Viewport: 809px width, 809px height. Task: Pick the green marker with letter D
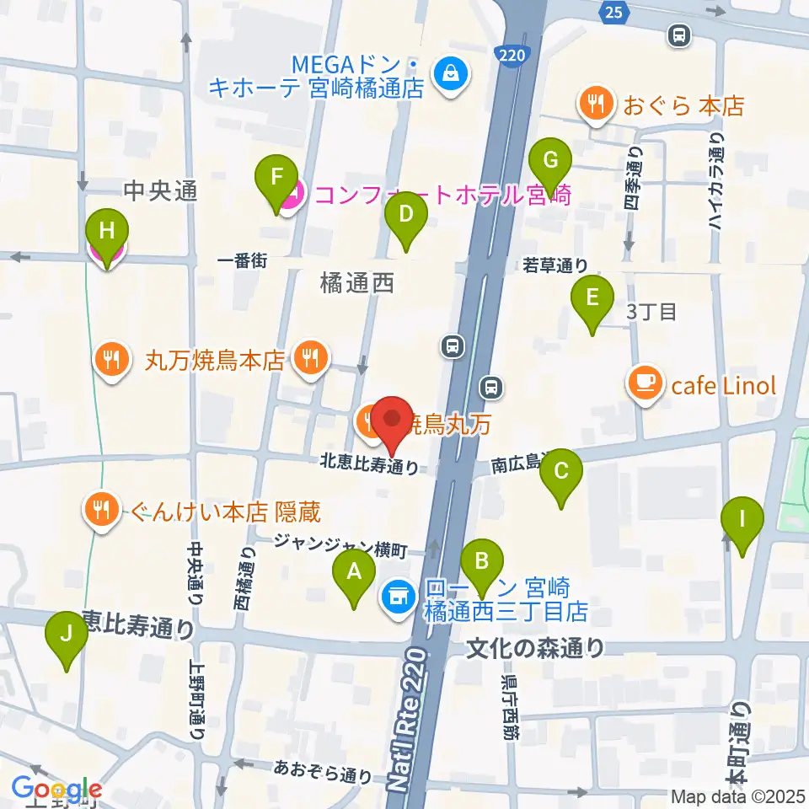click(406, 217)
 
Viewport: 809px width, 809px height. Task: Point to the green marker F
click(275, 179)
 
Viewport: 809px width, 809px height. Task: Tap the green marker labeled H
click(108, 233)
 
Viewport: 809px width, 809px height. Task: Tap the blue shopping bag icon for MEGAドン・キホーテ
click(447, 74)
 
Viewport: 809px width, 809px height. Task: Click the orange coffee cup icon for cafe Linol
click(646, 384)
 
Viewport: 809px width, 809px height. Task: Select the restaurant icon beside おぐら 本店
click(597, 104)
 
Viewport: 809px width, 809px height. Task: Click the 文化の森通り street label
click(536, 649)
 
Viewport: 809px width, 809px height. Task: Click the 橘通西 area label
click(357, 284)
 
